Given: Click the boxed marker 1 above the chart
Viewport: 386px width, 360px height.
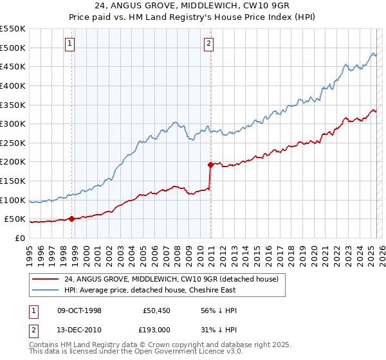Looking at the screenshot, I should pos(69,44).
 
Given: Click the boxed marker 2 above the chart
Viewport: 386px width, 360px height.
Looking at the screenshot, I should pos(209,44).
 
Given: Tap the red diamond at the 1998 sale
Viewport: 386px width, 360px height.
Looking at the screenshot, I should pos(71,219).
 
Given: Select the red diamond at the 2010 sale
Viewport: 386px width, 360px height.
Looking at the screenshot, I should pos(210,165).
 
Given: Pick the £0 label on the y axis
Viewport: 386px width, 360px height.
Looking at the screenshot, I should pos(21,238).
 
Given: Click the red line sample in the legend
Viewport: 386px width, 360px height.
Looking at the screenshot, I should pos(45,280).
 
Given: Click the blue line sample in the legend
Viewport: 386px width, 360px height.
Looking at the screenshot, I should pos(45,290).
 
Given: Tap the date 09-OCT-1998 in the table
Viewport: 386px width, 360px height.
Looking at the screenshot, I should pos(80,310).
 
